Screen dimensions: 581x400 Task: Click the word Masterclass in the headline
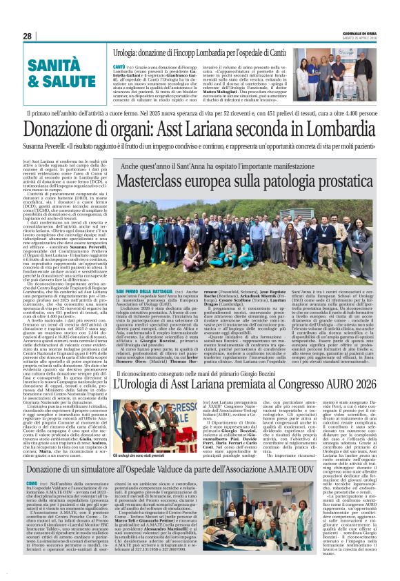click(155, 181)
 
